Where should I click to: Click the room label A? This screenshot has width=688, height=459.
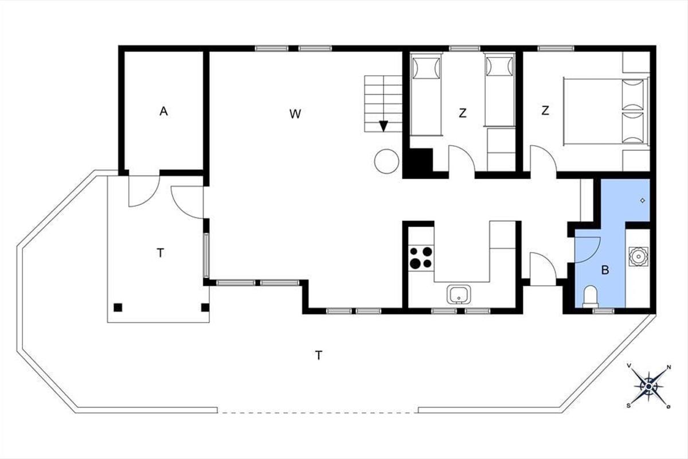[x=164, y=111]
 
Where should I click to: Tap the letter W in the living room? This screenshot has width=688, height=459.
[x=295, y=114]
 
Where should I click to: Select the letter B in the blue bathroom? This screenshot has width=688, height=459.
[x=605, y=270]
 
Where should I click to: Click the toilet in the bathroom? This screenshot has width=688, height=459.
[x=590, y=297]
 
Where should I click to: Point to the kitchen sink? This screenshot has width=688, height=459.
[x=459, y=294]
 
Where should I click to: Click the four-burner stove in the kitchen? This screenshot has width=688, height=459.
[x=421, y=258]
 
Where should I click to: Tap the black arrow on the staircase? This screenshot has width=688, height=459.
[x=384, y=126]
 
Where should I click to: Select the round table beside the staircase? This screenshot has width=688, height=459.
[x=386, y=161]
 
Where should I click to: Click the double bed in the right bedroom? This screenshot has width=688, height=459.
[x=607, y=112]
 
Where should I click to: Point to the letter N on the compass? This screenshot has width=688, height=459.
[x=669, y=367]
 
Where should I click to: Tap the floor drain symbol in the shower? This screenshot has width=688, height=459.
[x=643, y=201]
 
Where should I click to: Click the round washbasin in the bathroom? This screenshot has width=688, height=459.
[x=638, y=256]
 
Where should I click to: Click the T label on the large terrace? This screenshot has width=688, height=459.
[x=319, y=356]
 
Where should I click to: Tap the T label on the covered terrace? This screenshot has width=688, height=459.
[x=160, y=253]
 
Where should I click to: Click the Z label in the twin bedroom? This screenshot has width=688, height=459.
[x=463, y=113]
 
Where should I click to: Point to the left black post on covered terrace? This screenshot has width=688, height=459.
[x=118, y=308]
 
